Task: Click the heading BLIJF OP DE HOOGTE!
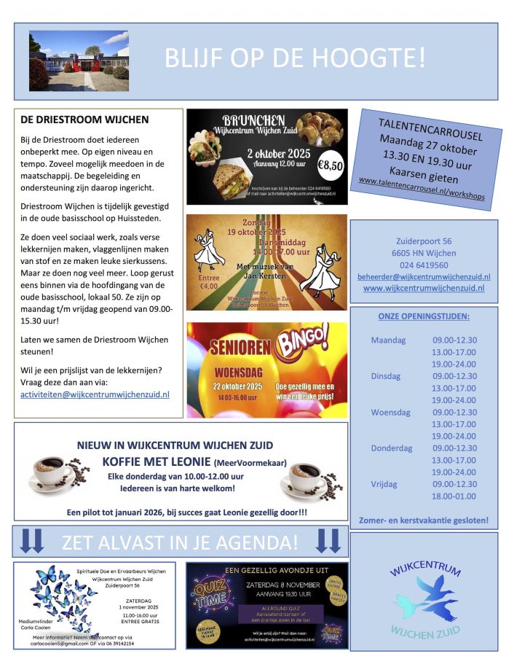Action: pos(295,58)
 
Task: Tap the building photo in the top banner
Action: pos(79,60)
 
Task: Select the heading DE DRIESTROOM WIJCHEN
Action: pos(84,120)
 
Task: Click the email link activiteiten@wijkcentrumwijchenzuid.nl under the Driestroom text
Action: pos(95,394)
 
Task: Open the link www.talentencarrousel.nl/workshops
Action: pos(422,195)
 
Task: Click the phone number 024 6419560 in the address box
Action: pos(423,265)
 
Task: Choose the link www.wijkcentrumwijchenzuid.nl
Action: pos(423,288)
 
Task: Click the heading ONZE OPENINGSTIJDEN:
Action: pos(423,316)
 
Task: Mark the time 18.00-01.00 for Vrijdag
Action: pos(454,496)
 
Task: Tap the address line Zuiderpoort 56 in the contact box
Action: pos(423,241)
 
